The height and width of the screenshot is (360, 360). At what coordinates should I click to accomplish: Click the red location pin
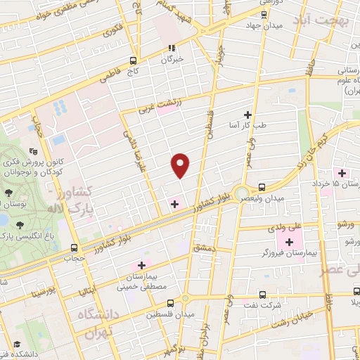tap(181, 165)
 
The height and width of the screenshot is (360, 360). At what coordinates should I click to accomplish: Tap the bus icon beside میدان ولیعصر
tap(262, 187)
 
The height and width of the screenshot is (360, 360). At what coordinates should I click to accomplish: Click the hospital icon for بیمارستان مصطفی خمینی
tap(142, 265)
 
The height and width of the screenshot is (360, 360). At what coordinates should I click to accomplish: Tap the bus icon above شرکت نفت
tap(263, 295)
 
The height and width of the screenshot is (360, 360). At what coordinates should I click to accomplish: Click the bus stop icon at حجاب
tap(75, 247)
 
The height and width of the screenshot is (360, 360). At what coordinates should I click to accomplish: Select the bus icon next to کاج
tap(134, 60)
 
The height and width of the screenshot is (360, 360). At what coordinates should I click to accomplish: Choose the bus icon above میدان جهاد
tap(264, 14)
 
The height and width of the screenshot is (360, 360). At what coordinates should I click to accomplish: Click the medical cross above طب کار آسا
tap(247, 114)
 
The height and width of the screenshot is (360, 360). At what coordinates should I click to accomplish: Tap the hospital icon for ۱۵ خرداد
tap(342, 173)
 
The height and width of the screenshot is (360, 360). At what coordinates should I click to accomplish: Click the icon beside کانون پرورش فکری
tap(33, 151)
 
